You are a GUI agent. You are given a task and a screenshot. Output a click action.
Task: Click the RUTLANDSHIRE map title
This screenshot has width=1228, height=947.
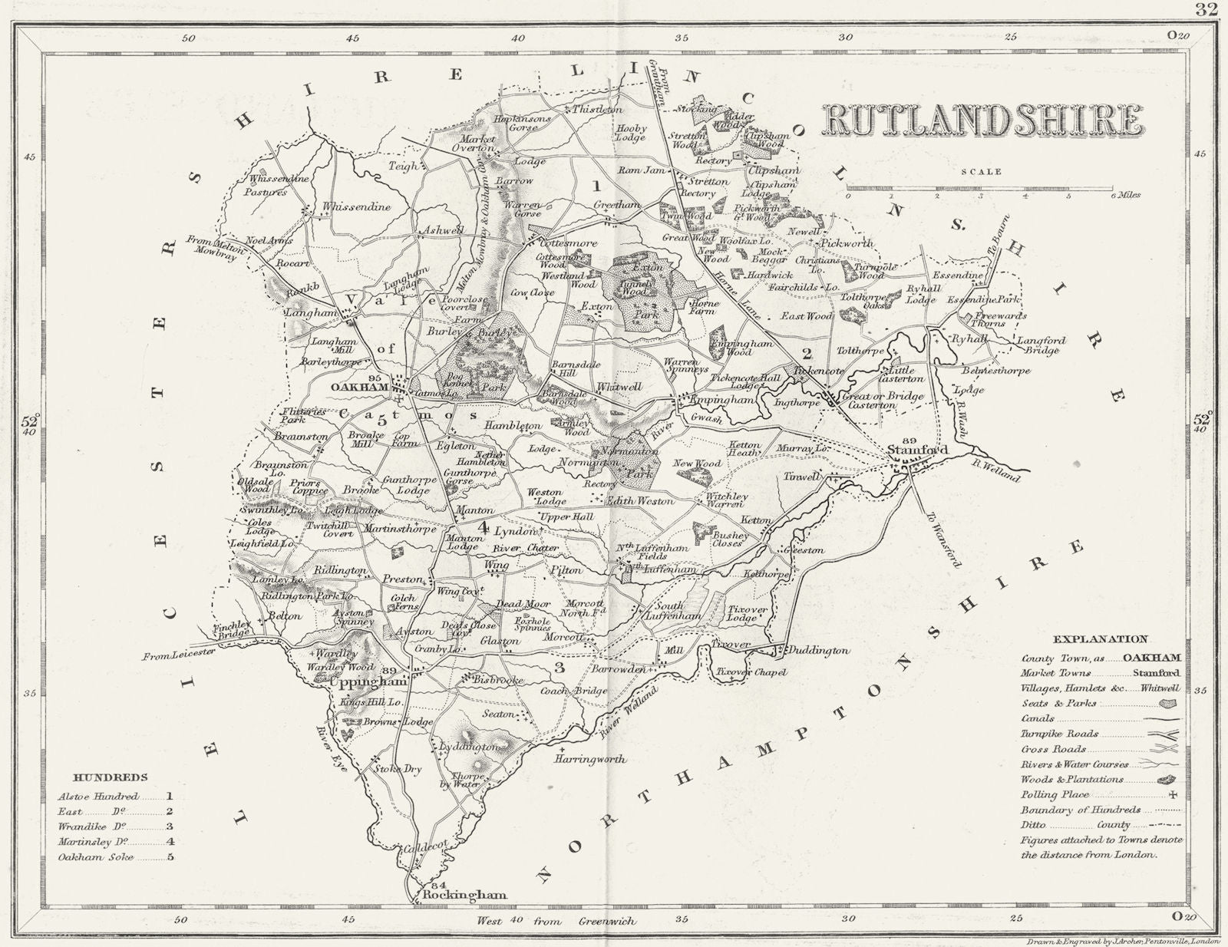click(983, 121)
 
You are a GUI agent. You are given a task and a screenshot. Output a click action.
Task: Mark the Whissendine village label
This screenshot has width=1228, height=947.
click(356, 206)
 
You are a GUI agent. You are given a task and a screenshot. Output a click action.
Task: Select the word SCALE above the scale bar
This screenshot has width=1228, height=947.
click(983, 172)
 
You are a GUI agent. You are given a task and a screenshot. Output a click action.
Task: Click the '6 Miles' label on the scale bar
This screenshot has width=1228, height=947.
click(1126, 195)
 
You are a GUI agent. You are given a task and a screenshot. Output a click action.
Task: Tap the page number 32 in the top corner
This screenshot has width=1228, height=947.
click(1207, 9)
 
